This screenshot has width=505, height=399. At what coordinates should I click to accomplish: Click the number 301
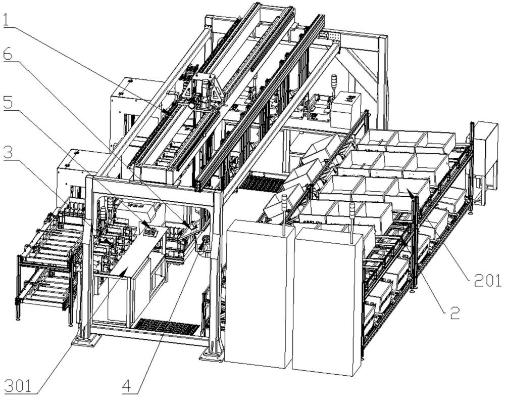pos(19,386)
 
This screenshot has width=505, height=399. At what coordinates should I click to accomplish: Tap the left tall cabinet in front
pos(259,293)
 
